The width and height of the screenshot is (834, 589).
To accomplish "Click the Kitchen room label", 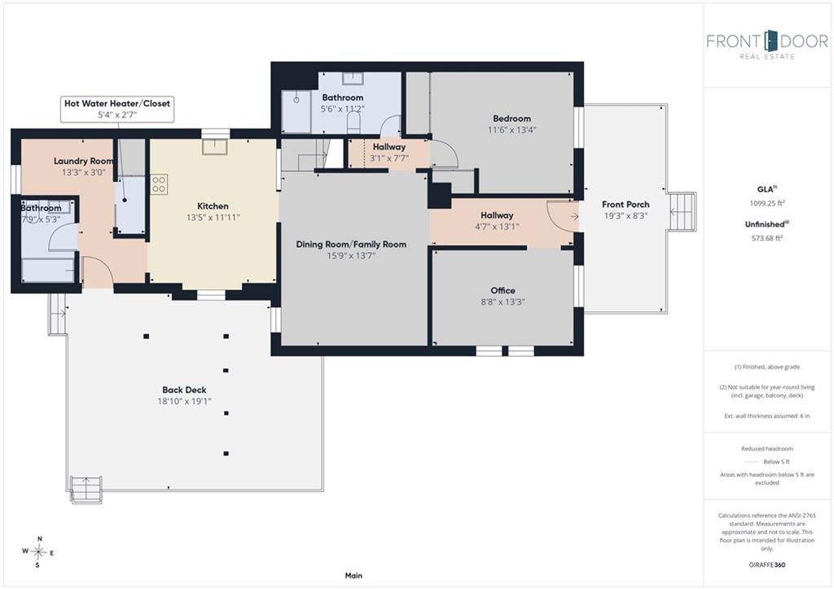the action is coord(213,206).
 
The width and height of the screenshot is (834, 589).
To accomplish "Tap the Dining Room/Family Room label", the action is coord(351,244).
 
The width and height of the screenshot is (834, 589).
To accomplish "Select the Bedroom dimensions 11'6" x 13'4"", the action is coord(511,130).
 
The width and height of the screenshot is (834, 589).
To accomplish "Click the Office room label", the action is coord(503,291).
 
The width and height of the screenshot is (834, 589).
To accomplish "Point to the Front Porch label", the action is coord(625,204).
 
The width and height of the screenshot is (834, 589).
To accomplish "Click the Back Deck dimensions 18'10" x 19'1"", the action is coord(184,401).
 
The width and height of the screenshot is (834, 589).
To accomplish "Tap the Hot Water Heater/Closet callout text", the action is coord(117,103).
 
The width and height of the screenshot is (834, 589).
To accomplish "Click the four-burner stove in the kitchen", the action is coord(159,185).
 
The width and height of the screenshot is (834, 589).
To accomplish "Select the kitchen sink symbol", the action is coord(215,147).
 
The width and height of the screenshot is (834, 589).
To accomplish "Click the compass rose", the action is coord(38,552).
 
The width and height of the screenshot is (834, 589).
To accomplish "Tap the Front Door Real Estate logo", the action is coord(767,45).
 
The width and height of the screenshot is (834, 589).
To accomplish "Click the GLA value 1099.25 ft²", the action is coord(767,203).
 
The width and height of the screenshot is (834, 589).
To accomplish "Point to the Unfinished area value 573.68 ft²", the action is coord(767,238).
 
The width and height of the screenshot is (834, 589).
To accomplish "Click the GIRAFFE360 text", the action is coord(767,565).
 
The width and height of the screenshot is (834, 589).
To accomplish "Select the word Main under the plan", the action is coord(353,575).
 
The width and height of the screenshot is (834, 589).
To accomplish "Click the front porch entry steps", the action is coord(682,212).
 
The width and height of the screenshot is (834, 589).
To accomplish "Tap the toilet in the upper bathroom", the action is coord(353,124).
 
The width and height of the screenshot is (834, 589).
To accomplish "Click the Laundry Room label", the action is coord(84,160).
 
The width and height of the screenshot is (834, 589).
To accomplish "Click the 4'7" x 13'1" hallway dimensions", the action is coord(497,226).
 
